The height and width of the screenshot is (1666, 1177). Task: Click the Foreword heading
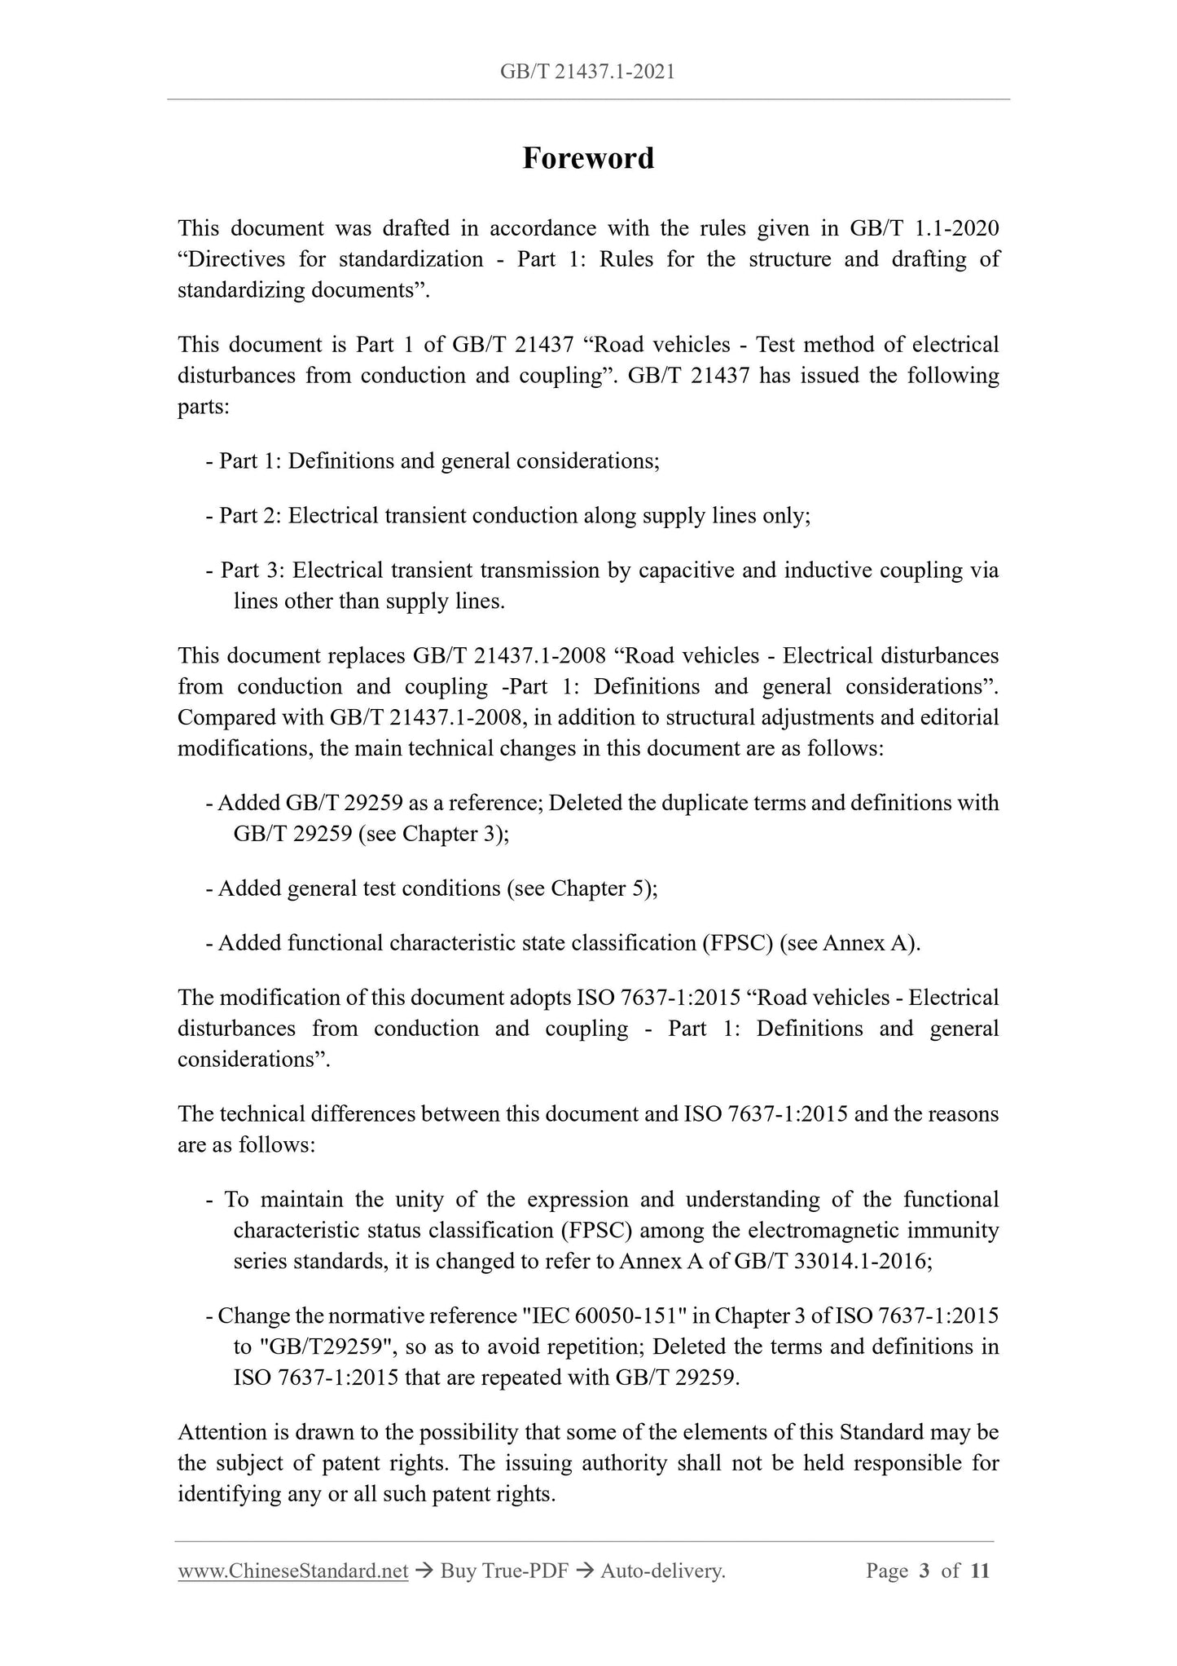587,158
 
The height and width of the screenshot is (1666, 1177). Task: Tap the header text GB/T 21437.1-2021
587,73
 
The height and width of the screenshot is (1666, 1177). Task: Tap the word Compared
222,718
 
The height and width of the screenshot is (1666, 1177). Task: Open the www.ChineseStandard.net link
292,1571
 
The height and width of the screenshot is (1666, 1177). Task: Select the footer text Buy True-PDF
503,1571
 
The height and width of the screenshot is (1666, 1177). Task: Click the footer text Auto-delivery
662,1571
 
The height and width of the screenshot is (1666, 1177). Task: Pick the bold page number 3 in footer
924,1571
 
